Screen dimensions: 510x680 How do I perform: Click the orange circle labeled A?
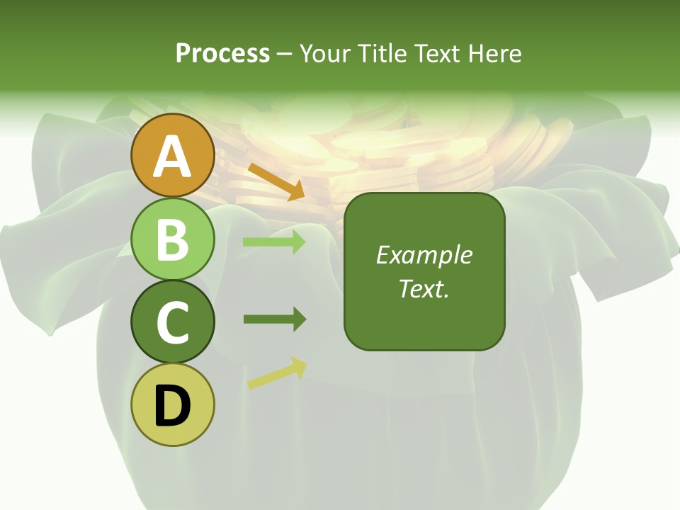pyautogui.click(x=173, y=155)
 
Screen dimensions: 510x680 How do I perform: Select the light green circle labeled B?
pyautogui.click(x=173, y=239)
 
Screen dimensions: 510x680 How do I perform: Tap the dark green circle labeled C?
pyautogui.click(x=173, y=322)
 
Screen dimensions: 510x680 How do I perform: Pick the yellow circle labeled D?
pyautogui.click(x=173, y=404)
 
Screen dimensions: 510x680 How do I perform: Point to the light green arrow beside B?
pyautogui.click(x=274, y=242)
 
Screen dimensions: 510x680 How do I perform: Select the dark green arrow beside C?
pyautogui.click(x=274, y=319)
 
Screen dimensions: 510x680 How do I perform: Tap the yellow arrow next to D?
pyautogui.click(x=277, y=373)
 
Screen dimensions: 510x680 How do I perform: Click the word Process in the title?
pyautogui.click(x=222, y=53)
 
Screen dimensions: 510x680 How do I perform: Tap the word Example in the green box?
pyautogui.click(x=424, y=255)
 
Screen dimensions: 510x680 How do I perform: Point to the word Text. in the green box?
pyautogui.click(x=424, y=288)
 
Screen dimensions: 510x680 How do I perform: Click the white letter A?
pyautogui.click(x=173, y=157)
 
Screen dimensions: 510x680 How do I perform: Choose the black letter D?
pyautogui.click(x=173, y=406)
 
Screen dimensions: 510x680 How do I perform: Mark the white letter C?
pyautogui.click(x=173, y=322)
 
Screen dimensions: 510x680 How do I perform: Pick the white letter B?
pyautogui.click(x=173, y=239)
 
